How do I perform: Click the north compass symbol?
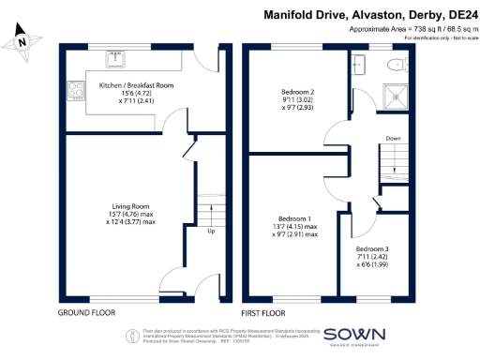(x=23, y=38)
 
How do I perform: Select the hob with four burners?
(x=73, y=91)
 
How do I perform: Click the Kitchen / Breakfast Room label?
(x=137, y=84)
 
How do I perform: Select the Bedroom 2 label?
(x=297, y=92)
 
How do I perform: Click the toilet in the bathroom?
(x=396, y=65)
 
